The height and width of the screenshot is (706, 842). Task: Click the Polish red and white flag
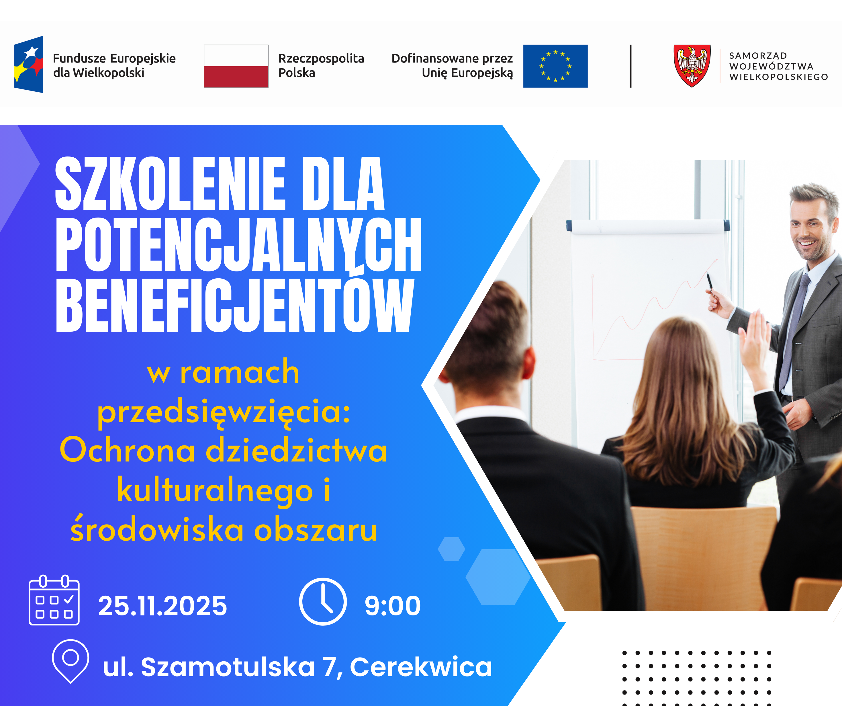(236, 66)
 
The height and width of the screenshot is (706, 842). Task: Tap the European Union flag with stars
(555, 66)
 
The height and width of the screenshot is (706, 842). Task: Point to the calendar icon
(54, 600)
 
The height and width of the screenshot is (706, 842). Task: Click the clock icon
(323, 601)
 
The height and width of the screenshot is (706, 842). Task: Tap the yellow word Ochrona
(128, 450)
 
